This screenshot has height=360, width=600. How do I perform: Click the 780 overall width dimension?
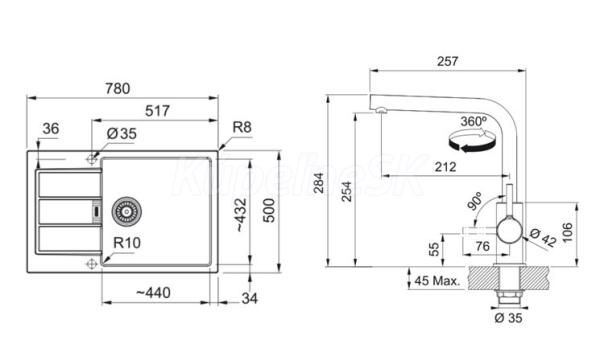point(118,88)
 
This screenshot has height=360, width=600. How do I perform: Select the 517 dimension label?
point(157,111)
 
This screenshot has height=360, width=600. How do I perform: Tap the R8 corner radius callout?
point(242,127)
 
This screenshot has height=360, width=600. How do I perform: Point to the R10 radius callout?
point(127,243)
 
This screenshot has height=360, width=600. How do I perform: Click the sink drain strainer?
point(126,211)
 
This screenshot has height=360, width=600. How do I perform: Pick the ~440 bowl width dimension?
point(153,293)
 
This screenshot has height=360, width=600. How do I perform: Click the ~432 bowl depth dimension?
point(241,215)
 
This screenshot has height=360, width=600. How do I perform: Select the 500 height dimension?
point(269,210)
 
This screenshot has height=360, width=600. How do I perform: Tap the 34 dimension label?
point(249,298)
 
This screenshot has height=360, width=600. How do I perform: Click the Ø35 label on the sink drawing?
point(122,134)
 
